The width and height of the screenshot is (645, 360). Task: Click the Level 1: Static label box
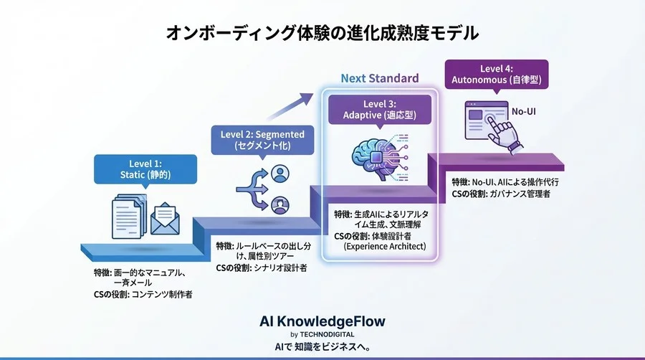coord(145,169)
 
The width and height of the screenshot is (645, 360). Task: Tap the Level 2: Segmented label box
coord(262,139)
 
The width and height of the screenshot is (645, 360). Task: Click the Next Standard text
coord(379,78)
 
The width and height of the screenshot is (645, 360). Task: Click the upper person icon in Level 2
coord(280,174)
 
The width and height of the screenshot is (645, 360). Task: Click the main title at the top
coord(322,33)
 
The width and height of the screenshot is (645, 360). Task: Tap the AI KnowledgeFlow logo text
coord(322,322)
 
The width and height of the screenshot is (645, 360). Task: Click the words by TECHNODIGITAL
coord(322,334)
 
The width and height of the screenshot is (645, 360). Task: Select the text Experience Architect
coord(385,247)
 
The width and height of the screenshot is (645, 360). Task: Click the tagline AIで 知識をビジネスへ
coord(322,346)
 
